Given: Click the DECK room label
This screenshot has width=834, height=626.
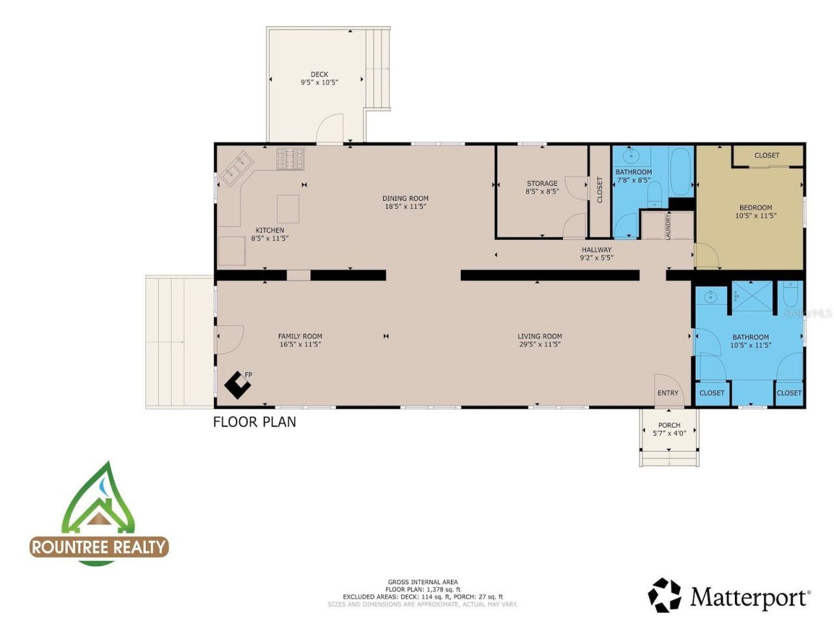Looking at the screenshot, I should [319, 74].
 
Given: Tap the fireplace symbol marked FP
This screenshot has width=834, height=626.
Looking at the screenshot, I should [238, 385].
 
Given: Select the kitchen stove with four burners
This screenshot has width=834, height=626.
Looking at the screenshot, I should [291, 158].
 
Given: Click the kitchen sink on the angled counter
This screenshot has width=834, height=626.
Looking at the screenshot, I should [234, 170].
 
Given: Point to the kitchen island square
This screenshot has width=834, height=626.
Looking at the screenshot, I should [288, 209].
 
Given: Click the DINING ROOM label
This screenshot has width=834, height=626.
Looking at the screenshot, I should [405, 198].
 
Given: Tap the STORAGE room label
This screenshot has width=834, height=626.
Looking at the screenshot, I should [542, 183].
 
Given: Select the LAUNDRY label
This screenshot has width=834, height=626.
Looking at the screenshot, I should [669, 226].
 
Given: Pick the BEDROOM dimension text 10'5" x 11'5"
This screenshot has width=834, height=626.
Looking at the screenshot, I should [756, 216].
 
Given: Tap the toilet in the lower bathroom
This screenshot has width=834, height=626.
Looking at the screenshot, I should [791, 294].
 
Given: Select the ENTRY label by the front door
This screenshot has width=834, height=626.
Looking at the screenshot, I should [668, 393].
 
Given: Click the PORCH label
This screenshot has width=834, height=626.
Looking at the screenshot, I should [669, 425].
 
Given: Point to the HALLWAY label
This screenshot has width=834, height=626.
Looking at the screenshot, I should [596, 249].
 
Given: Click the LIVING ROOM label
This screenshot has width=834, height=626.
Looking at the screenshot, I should [540, 336].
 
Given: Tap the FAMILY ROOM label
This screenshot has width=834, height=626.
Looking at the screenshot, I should [300, 336].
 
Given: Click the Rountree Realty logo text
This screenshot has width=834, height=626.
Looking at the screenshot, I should [99, 546].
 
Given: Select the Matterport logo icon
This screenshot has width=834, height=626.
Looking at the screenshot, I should [665, 595].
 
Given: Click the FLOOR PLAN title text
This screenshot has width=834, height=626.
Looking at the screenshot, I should [255, 422].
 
